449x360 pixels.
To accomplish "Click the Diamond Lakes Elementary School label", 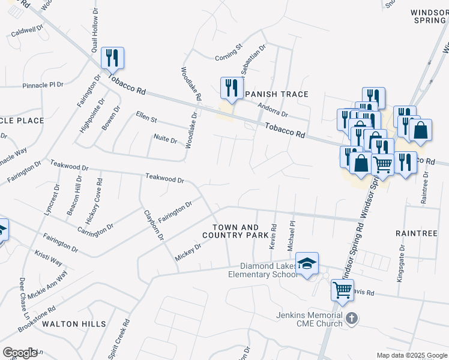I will (x=268, y=270).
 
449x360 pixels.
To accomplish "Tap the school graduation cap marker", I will (x=307, y=264).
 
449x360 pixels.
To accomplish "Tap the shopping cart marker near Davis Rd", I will (x=342, y=290).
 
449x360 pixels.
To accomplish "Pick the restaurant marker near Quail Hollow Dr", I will (x=112, y=58).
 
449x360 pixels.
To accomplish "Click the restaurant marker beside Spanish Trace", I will (x=231, y=88).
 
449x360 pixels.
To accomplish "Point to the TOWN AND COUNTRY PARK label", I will (x=239, y=232).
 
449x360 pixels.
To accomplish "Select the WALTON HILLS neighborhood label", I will (x=74, y=324).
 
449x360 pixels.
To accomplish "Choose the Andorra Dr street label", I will (x=273, y=109).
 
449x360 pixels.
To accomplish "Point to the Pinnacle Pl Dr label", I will (x=43, y=85).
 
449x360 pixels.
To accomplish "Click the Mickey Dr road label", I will (x=188, y=251).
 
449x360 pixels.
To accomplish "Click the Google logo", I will (x=19, y=353).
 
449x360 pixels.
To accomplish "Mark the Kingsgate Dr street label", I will (x=401, y=262).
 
